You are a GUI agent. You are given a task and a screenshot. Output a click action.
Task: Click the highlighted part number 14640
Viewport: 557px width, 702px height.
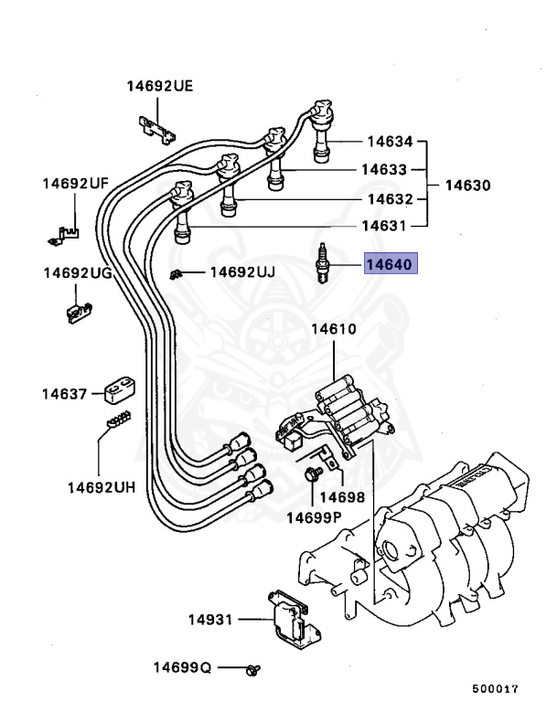(391, 265)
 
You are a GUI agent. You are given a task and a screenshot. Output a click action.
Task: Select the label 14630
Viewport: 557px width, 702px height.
(467, 185)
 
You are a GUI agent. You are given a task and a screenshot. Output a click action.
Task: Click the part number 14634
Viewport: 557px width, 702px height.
(391, 142)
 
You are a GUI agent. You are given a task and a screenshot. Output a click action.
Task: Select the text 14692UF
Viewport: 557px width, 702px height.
(75, 184)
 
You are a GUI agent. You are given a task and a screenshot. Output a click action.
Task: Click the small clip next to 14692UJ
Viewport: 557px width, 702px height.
(177, 273)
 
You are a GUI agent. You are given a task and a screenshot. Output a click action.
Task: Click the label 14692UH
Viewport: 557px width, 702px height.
(101, 487)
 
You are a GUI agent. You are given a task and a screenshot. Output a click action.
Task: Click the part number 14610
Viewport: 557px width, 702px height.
(334, 329)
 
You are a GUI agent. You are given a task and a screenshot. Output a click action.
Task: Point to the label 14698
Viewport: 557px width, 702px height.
(343, 498)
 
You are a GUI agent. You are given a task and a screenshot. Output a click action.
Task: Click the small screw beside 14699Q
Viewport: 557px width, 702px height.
(252, 669)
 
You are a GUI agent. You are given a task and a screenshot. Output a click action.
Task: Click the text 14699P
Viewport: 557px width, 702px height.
(314, 517)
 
